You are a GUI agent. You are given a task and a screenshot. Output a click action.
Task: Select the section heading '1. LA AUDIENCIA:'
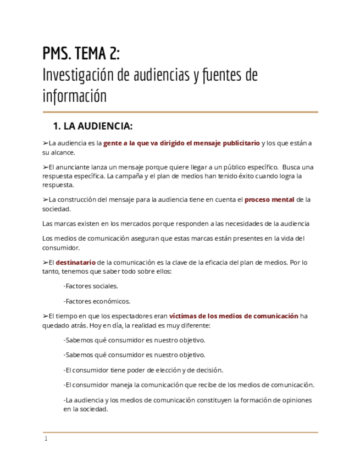pyautogui.click(x=92, y=126)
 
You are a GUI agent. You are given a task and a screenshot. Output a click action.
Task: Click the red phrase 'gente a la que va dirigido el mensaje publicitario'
pyautogui.click(x=181, y=143)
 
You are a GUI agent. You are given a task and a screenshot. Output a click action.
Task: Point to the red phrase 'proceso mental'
pyautogui.click(x=269, y=199)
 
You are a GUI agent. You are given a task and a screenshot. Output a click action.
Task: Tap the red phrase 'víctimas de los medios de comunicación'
pyautogui.click(x=234, y=316)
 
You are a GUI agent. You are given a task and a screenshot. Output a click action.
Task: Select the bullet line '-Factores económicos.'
pyautogui.click(x=97, y=301)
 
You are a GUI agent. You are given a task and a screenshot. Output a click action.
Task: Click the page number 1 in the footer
pyautogui.click(x=46, y=439)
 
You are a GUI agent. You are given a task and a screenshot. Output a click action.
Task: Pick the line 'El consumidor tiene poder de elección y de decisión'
pyautogui.click(x=143, y=370)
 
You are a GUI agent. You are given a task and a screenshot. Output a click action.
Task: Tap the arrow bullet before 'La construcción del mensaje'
pyautogui.click(x=45, y=199)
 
